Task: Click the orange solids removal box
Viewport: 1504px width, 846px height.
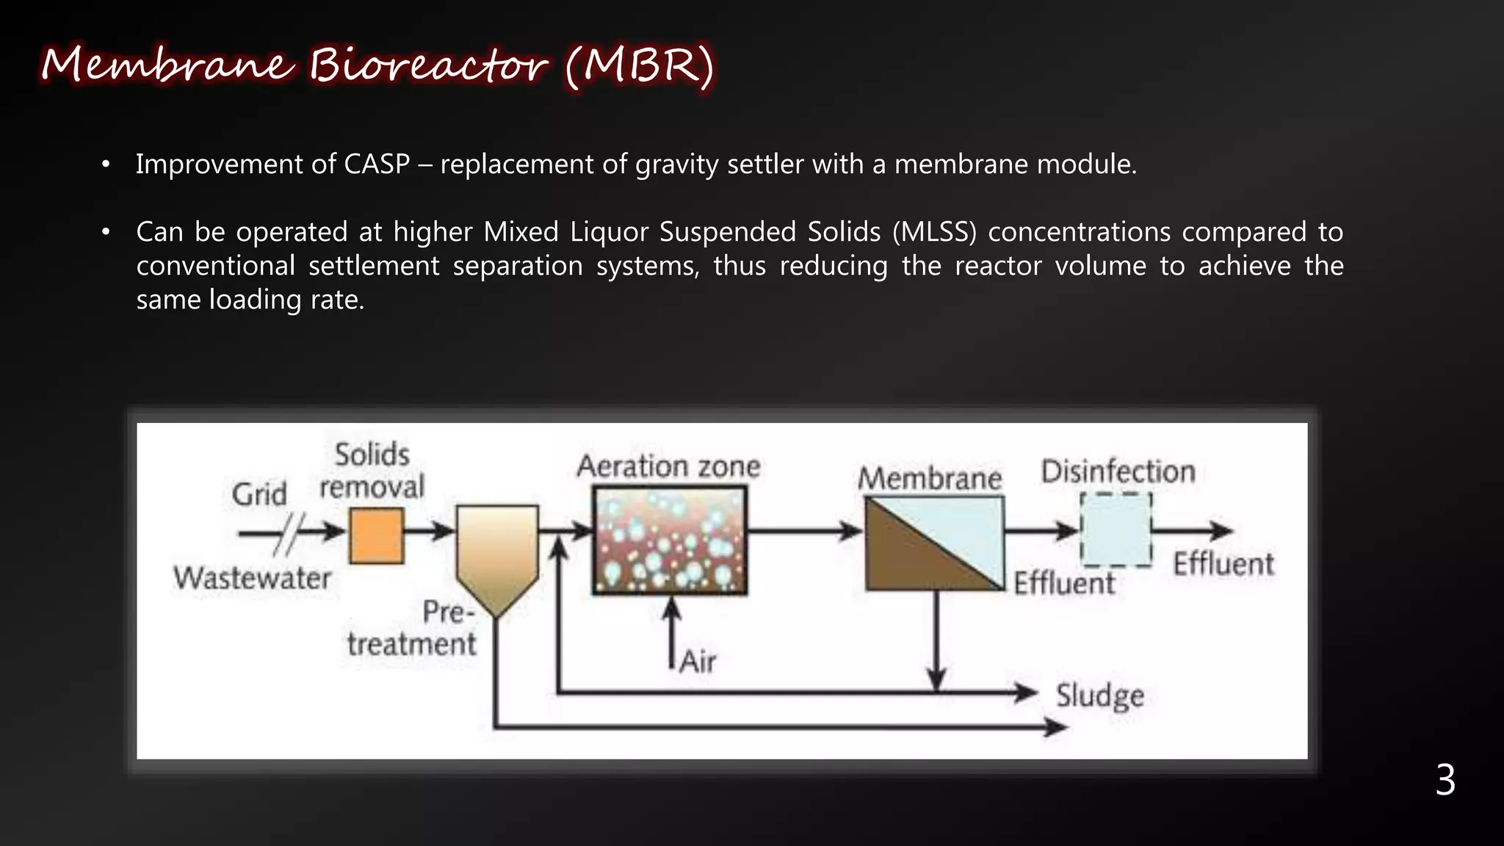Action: pyautogui.click(x=376, y=536)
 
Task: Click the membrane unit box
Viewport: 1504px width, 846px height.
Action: pyautogui.click(x=934, y=543)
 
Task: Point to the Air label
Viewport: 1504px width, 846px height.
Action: pyautogui.click(x=698, y=662)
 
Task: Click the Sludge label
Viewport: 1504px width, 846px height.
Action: pyautogui.click(x=1100, y=695)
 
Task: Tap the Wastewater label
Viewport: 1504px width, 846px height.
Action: pyautogui.click(x=253, y=579)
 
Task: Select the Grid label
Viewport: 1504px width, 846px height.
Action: pyautogui.click(x=259, y=494)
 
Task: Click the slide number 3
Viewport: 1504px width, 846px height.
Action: pyautogui.click(x=1445, y=780)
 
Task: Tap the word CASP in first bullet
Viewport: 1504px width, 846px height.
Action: pyautogui.click(x=377, y=164)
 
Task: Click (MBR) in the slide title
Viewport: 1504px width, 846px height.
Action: pyautogui.click(x=639, y=66)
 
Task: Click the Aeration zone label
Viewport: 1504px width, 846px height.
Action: pyautogui.click(x=668, y=466)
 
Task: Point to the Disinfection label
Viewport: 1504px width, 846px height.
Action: pyautogui.click(x=1118, y=471)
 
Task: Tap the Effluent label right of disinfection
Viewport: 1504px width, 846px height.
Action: pyautogui.click(x=1223, y=565)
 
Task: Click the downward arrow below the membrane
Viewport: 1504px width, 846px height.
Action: pyautogui.click(x=936, y=639)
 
